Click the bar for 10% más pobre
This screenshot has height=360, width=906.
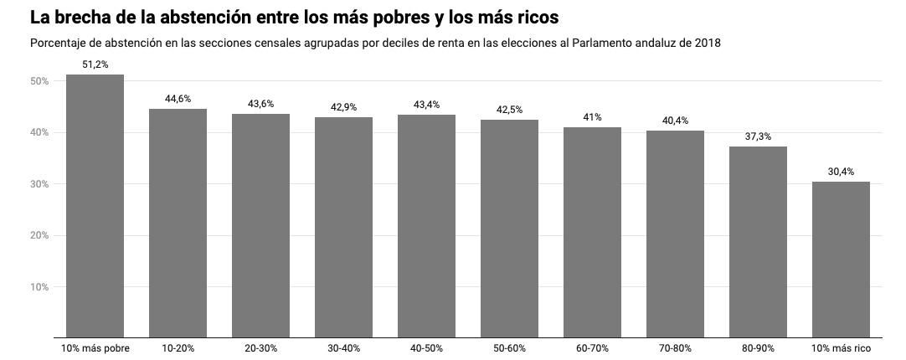tap(95, 206)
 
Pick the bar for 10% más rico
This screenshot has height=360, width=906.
tap(841, 260)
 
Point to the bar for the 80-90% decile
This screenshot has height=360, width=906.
tap(758, 242)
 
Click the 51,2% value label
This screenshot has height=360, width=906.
tap(95, 64)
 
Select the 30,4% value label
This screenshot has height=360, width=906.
tap(841, 172)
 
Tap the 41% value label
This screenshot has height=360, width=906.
tap(592, 117)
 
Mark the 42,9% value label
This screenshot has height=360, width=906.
tap(343, 107)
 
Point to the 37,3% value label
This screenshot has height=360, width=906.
tap(758, 136)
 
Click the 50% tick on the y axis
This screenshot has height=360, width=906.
tap(39, 81)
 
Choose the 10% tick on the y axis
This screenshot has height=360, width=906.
tap(39, 287)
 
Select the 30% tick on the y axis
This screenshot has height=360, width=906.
tap(39, 184)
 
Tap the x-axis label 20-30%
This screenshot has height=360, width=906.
tap(260, 348)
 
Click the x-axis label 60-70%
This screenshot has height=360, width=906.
tap(592, 348)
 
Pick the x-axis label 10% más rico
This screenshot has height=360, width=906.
tap(841, 348)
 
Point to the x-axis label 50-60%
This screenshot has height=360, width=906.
tap(509, 348)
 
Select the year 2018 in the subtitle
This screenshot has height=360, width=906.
tap(707, 43)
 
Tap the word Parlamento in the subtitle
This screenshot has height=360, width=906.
tap(601, 43)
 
